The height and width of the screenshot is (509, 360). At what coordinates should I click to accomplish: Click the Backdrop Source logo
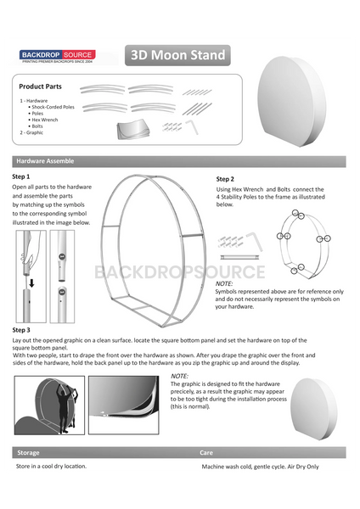point(57,56)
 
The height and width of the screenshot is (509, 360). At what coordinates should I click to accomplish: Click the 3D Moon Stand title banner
point(177,56)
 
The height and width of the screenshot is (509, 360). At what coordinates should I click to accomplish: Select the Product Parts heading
point(40,87)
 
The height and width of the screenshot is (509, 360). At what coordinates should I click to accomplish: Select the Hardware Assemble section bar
point(45,161)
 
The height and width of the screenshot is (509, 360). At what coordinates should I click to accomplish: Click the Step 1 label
point(21,176)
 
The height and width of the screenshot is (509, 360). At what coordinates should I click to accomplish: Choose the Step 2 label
point(225,179)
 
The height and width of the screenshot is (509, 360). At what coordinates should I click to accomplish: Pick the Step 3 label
point(21,329)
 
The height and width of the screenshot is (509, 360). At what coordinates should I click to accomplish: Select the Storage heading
point(28,452)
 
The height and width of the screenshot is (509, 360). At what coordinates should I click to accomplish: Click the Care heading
point(205,452)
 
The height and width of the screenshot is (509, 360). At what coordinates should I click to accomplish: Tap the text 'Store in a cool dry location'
point(51,467)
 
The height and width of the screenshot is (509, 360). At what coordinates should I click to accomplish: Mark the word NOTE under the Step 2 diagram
point(224,283)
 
